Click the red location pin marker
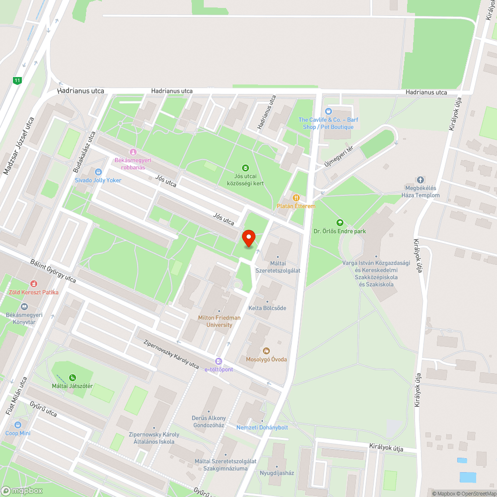point(248,239)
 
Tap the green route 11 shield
point(18,80)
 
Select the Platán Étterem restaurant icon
point(296,198)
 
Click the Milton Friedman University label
point(219,321)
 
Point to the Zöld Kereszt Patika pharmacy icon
point(34,284)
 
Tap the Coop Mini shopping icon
point(18,425)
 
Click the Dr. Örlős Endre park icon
point(340,223)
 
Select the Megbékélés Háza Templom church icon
point(420,180)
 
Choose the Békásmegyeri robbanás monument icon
point(133,152)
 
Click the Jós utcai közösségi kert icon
point(245,168)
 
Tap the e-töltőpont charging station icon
point(219,361)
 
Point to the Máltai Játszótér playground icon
point(73,378)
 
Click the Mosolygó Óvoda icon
point(266,351)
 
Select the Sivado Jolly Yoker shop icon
point(98,172)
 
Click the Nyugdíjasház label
point(277,473)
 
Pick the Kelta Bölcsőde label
point(267,308)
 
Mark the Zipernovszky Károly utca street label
point(171,353)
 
